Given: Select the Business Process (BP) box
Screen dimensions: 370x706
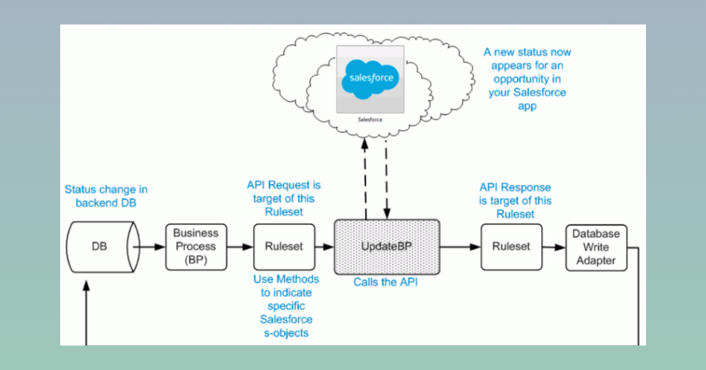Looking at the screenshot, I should coord(195,246).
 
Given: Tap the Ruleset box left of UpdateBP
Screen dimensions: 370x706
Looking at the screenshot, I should coord(285,246).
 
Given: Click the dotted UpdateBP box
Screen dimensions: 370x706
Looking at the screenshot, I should coord(386,246).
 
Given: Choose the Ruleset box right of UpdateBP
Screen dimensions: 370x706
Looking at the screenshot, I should coord(511,246).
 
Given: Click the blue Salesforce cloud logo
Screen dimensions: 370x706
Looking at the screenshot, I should coord(370,78).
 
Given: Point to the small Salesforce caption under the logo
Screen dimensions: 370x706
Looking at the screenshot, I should coord(370,119).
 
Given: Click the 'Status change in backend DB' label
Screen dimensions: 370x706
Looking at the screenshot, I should coord(106,195).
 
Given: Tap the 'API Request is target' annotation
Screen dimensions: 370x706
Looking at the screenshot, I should coord(284,198).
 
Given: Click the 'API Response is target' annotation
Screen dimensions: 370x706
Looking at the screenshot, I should coord(516,200).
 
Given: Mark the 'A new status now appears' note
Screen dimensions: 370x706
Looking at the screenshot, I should coord(527,79).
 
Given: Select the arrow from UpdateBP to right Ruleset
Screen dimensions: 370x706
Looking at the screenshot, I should coord(460,246).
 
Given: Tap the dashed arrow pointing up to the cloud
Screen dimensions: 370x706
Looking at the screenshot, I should coord(366,176).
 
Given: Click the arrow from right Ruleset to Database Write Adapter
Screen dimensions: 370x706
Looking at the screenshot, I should coord(554,246).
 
